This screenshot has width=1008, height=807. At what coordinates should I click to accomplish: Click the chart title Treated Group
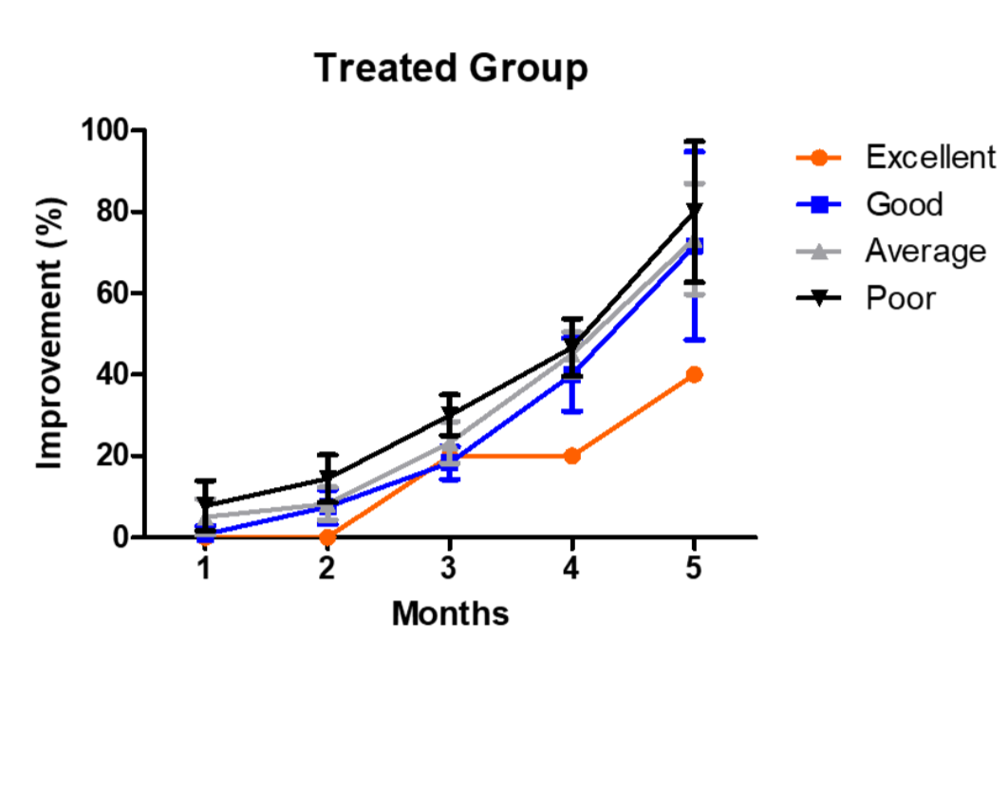pos(451,68)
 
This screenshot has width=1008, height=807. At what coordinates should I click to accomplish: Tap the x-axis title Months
pos(450,614)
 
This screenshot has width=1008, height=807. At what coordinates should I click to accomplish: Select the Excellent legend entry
pos(930,157)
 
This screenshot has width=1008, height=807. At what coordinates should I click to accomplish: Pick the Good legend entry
pos(904,204)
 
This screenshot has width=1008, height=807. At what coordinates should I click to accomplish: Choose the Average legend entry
pos(924,252)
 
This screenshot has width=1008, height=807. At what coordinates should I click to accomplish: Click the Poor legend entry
pos(900,298)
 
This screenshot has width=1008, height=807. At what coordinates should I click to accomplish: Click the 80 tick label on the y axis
pos(112,212)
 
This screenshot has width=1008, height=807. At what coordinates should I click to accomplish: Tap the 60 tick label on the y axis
pos(112,293)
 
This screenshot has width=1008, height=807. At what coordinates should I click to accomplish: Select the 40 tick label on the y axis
pos(112,374)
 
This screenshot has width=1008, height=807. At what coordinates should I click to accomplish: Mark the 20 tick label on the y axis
pos(112,456)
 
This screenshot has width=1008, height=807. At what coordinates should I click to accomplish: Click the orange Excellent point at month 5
pos(694,374)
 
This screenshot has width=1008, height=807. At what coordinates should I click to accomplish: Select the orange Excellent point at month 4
pos(571,456)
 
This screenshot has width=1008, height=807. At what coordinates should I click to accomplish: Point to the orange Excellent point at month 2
pos(327,537)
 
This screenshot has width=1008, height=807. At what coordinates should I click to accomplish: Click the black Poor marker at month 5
pos(694,211)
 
